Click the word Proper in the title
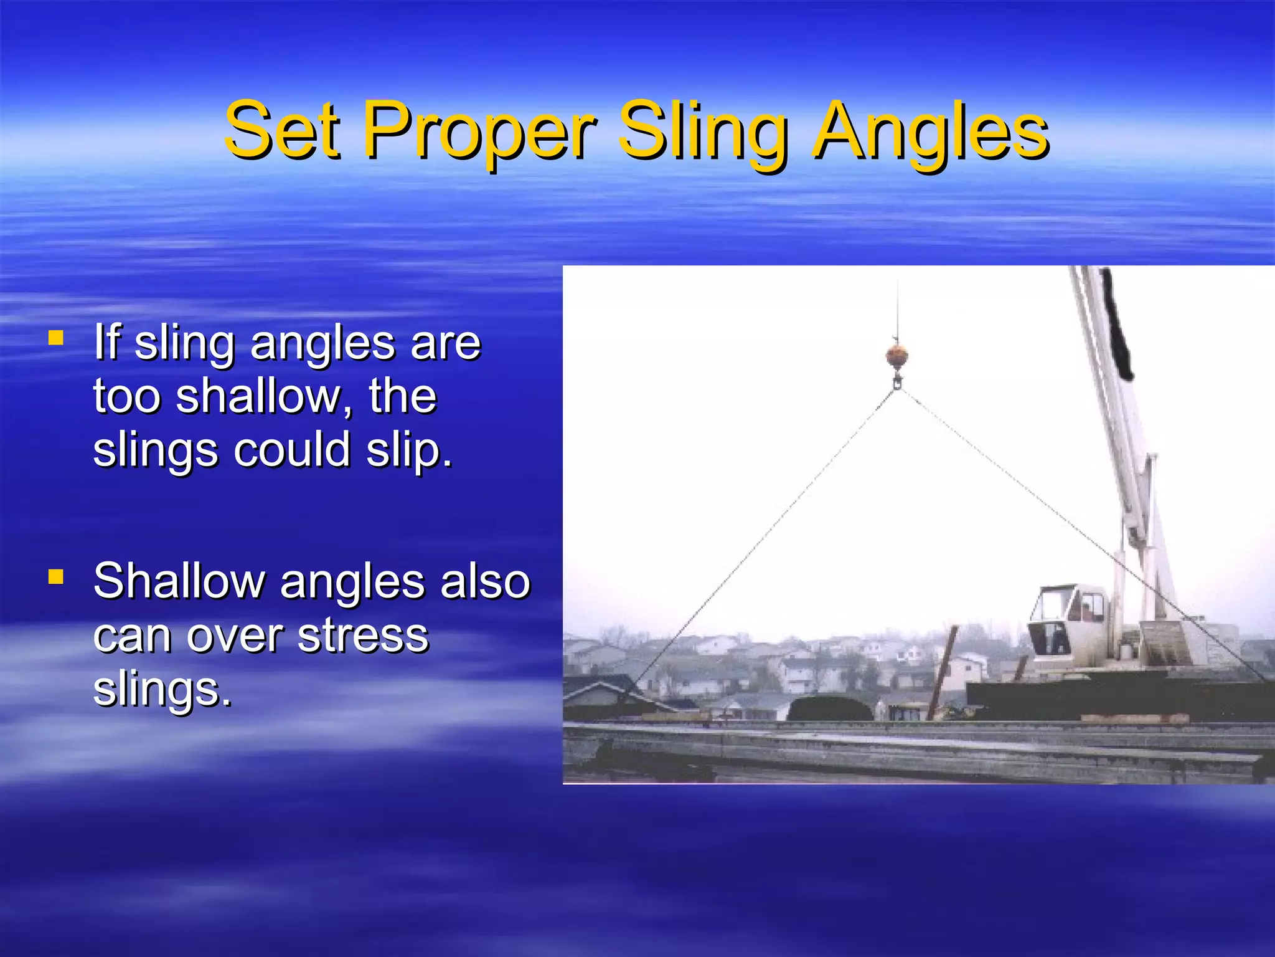pos(479,132)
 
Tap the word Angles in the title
pos(931,132)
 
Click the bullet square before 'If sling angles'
pos(56,338)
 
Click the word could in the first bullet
pos(291,450)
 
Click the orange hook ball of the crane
pos(896,356)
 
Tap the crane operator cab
pos(1066,620)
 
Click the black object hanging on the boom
pos(1118,324)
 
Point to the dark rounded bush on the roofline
pos(830,709)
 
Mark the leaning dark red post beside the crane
pos(942,673)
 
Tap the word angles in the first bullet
pos(322,344)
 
